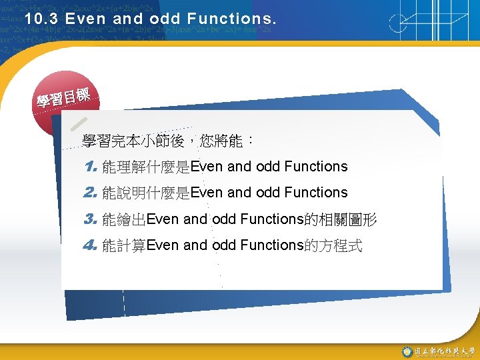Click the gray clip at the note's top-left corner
(77, 125)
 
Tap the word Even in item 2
(207, 193)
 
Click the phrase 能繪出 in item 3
(124, 219)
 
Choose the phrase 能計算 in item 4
(124, 245)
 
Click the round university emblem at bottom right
(407, 351)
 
